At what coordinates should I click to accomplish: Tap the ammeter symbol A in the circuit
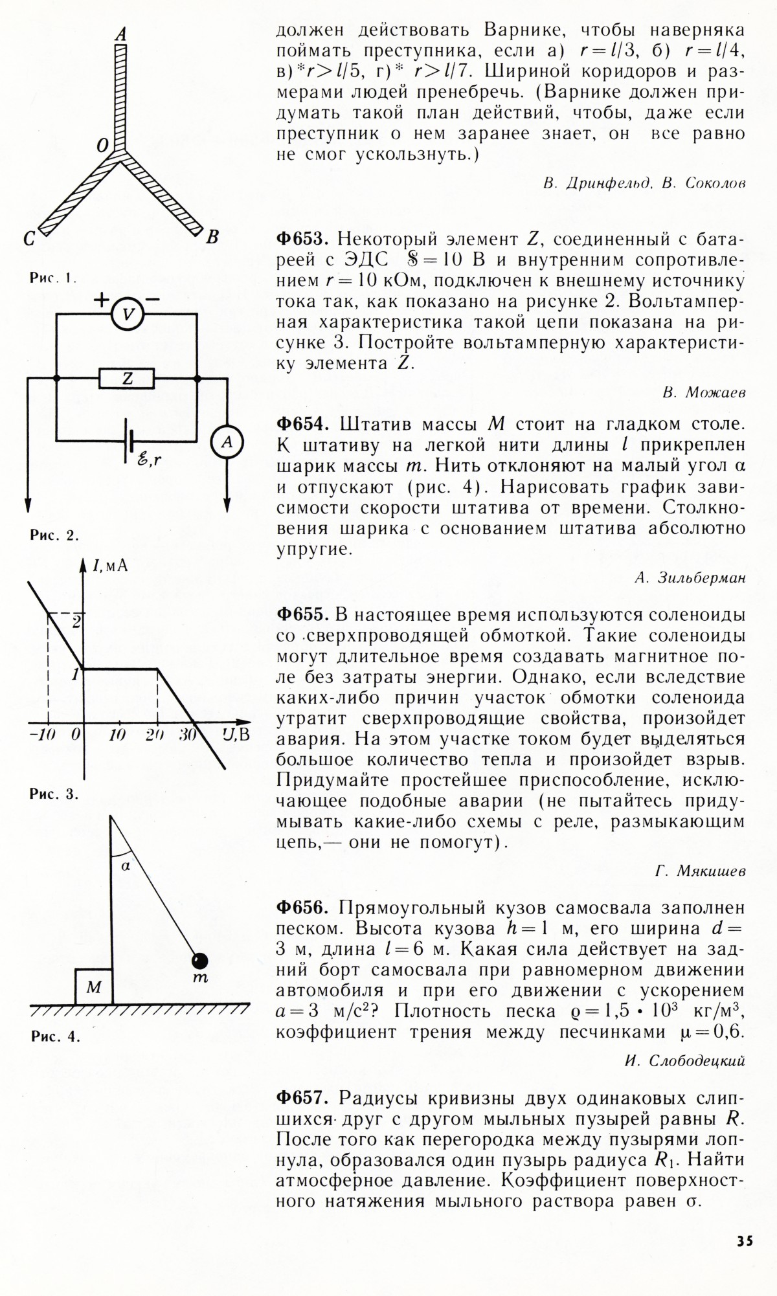coord(227,442)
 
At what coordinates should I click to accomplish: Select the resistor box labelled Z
coord(127,379)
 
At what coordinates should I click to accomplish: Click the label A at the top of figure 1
coord(120,34)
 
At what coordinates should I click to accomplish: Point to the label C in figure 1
coord(29,240)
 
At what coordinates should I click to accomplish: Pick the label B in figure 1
coord(212,238)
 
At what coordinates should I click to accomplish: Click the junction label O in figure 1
coord(102,147)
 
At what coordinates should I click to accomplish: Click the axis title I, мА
coord(110,566)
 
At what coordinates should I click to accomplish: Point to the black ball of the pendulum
coord(199,960)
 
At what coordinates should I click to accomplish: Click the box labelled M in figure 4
coord(94,987)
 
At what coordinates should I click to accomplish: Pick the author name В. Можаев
coord(704,392)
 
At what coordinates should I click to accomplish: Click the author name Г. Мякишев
coord(700,871)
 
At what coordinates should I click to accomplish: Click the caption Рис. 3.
coord(54,794)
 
